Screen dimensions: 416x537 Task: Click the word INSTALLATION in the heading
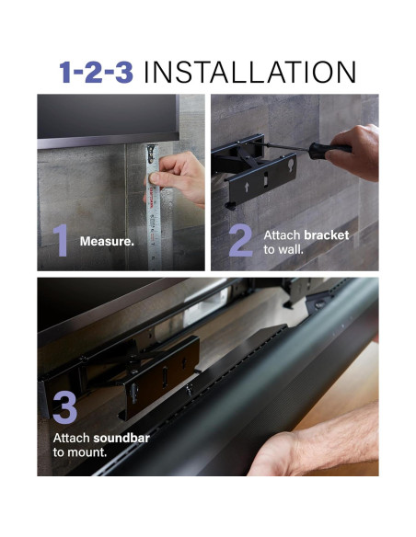click(x=249, y=72)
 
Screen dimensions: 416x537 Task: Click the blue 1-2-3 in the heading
click(x=96, y=72)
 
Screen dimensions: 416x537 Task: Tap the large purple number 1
click(x=61, y=240)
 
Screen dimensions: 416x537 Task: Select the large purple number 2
click(x=241, y=240)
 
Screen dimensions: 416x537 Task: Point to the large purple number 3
click(x=64, y=406)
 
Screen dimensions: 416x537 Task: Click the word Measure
click(x=107, y=242)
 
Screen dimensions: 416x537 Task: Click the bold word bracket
click(x=327, y=235)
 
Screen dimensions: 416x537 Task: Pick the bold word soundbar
click(x=121, y=438)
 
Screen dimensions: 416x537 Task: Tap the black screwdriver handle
click(x=329, y=150)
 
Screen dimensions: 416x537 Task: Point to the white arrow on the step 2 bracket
click(x=247, y=187)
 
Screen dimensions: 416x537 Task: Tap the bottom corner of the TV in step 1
click(x=179, y=139)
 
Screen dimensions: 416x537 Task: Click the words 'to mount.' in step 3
click(x=80, y=452)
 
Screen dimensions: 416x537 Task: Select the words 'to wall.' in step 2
click(x=283, y=249)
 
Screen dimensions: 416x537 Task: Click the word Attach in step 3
click(x=71, y=438)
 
